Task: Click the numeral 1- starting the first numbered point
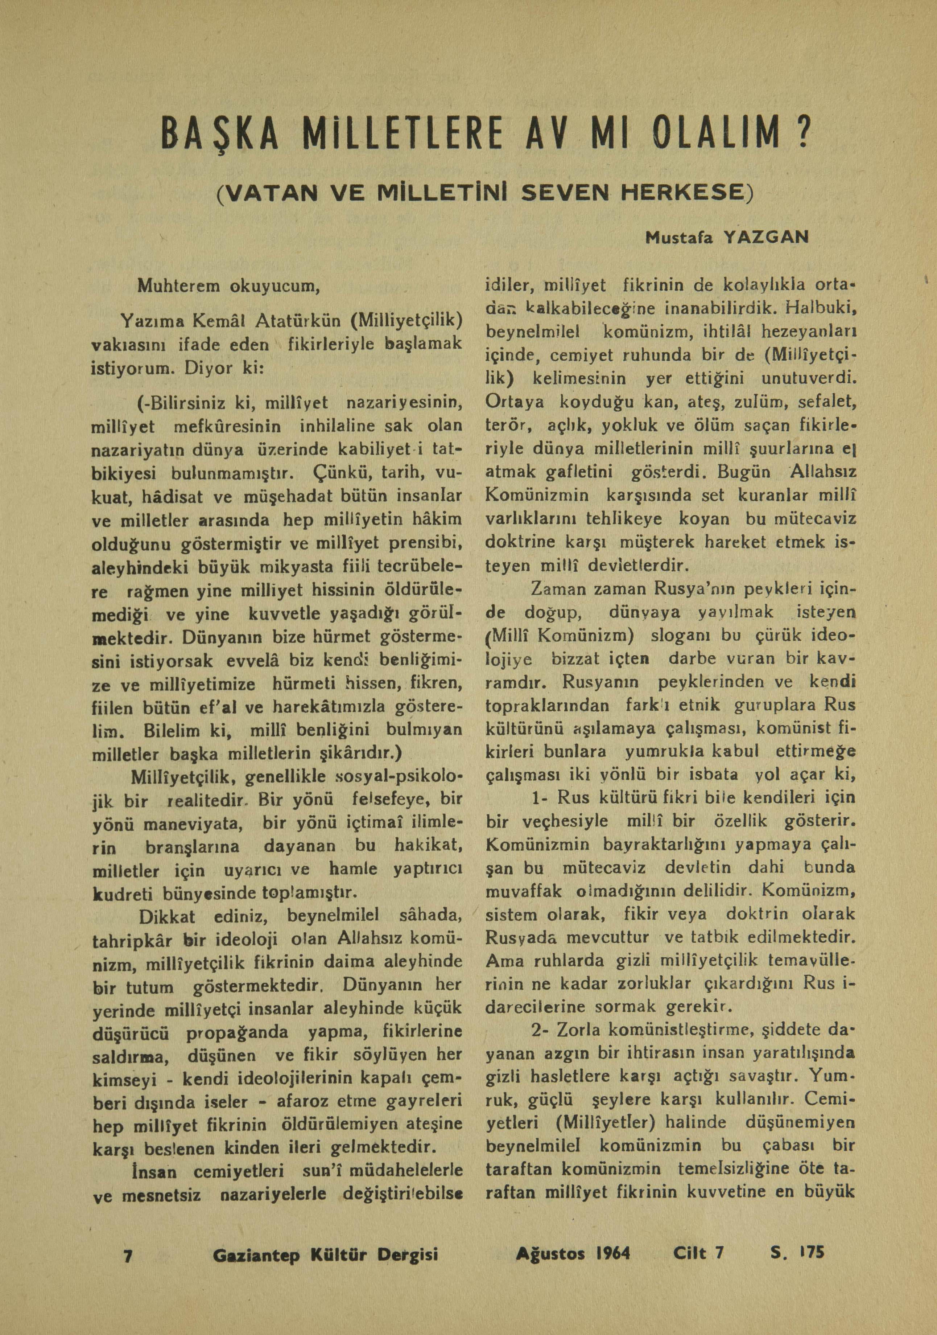click(x=541, y=797)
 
